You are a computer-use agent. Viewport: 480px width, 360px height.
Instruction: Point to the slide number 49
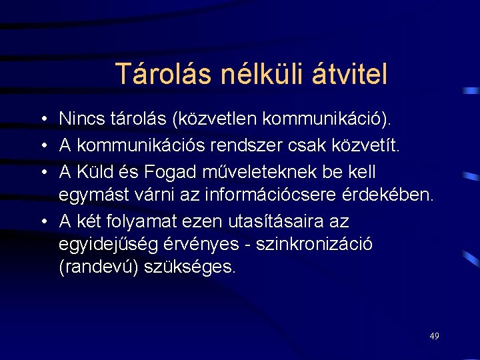[434, 336]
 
